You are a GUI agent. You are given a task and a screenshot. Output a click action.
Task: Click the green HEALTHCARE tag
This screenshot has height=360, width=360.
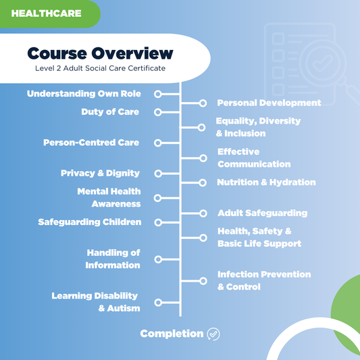point(46,13)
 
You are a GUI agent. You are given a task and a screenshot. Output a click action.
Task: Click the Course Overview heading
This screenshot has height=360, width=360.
point(100,53)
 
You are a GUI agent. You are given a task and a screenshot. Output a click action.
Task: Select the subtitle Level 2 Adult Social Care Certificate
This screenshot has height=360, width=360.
point(100,68)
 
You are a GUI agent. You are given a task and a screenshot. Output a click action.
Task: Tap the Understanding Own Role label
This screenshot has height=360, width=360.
point(84,94)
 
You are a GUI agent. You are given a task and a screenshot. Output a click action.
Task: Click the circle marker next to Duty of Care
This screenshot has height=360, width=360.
point(157,112)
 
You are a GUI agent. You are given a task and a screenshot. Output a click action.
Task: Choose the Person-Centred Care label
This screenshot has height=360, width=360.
point(91,143)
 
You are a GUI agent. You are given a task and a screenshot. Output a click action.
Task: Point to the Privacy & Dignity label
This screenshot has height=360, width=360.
point(100,174)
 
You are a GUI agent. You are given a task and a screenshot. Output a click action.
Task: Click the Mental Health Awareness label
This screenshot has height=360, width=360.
point(109,197)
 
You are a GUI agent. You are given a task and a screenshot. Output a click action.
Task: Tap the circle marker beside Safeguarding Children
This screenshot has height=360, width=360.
point(157,222)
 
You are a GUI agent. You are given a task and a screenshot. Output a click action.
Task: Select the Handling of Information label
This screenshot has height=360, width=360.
point(113,259)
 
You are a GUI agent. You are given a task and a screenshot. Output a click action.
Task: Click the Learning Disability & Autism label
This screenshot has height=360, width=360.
point(95,302)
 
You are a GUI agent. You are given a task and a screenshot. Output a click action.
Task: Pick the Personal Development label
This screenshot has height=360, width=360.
point(269,103)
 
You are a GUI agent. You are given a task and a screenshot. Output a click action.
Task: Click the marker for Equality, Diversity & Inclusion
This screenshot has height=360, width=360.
point(202,127)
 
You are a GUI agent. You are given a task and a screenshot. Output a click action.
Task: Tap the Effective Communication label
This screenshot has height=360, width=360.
point(253,158)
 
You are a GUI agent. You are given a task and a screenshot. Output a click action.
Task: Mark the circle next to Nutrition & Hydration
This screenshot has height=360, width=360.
point(202,182)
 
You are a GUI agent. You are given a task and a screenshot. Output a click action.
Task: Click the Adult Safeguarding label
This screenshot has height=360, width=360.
point(262,213)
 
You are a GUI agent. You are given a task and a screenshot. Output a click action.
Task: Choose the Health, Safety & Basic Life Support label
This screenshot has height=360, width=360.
point(259,237)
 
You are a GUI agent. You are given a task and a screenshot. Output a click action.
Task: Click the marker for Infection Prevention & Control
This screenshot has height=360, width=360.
point(202,280)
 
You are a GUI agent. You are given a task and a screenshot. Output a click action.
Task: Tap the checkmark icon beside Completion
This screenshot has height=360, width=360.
point(213,334)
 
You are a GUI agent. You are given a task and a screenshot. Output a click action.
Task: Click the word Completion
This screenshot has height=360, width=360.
point(172,334)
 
